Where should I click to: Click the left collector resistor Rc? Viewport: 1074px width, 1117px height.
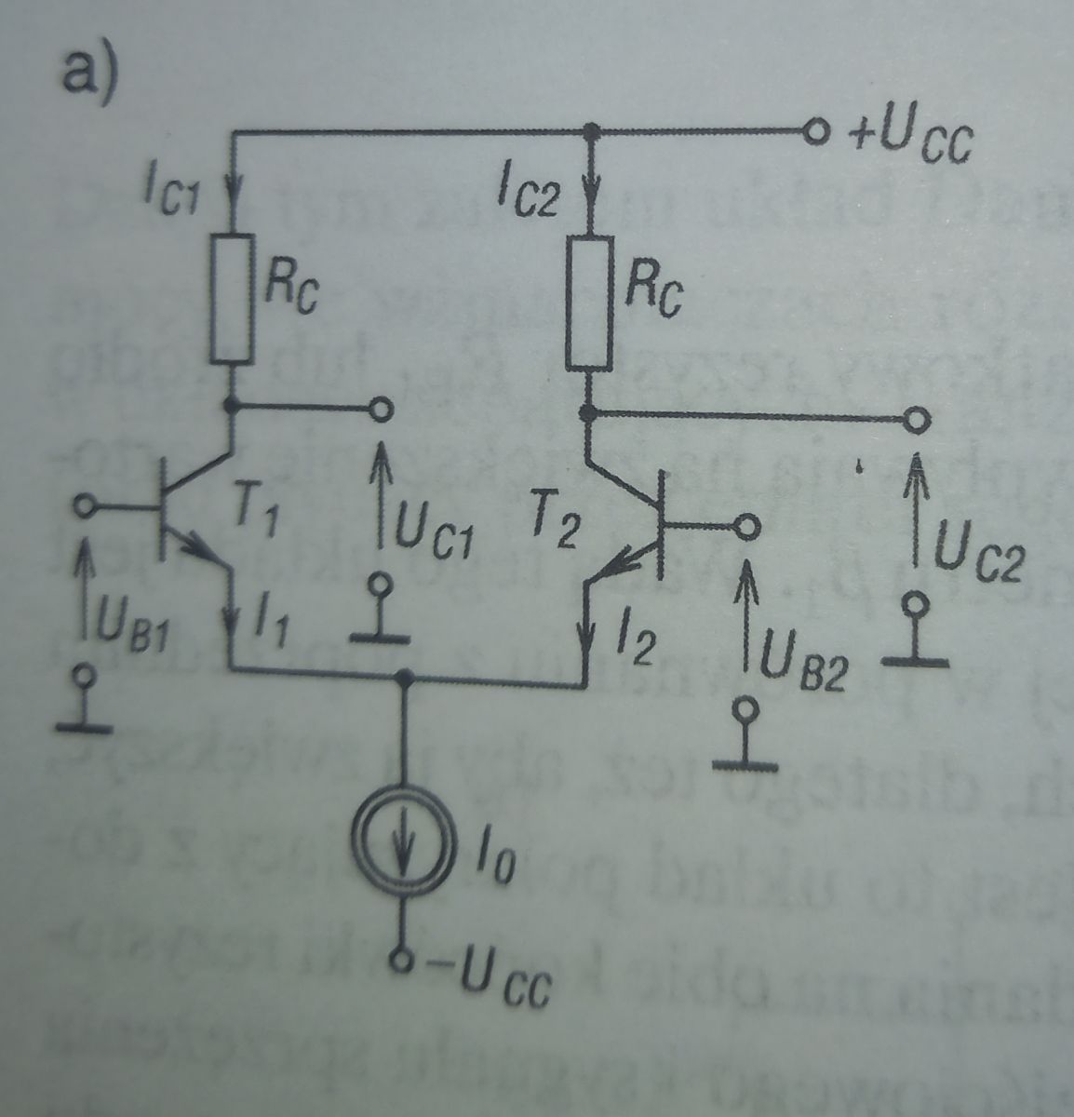click(232, 299)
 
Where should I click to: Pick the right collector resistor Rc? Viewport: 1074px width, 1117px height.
click(590, 303)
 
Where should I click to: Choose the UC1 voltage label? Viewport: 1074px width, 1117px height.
click(432, 537)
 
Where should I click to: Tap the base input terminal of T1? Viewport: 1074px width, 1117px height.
click(84, 506)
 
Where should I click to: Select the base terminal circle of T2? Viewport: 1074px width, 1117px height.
click(746, 528)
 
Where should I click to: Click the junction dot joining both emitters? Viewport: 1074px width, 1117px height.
click(405, 679)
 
